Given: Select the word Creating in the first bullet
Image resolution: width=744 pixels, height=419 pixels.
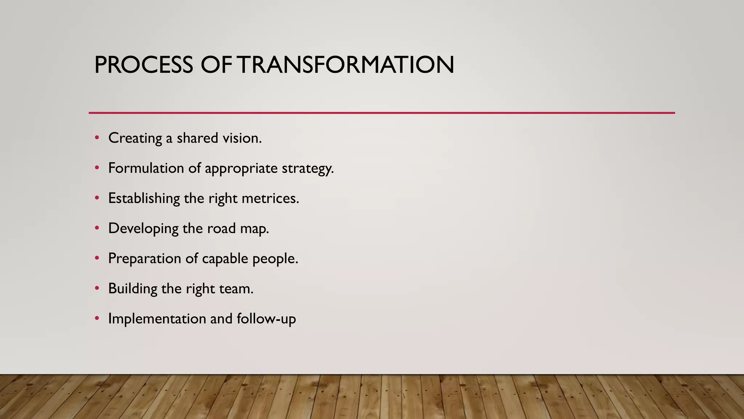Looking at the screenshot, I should (135, 138).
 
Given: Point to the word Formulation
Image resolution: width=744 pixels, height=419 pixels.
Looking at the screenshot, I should (146, 168).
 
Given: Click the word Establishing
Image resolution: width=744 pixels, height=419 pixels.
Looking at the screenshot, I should (144, 199).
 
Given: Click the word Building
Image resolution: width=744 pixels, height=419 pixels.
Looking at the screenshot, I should (133, 289).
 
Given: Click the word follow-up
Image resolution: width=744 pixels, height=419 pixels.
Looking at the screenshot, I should (266, 319).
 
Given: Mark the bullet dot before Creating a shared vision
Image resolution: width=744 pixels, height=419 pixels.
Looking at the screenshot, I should (97, 138).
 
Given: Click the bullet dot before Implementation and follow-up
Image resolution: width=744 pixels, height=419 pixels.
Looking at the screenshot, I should (97, 318).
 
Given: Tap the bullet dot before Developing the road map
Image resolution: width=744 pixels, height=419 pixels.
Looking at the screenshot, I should (97, 228).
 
